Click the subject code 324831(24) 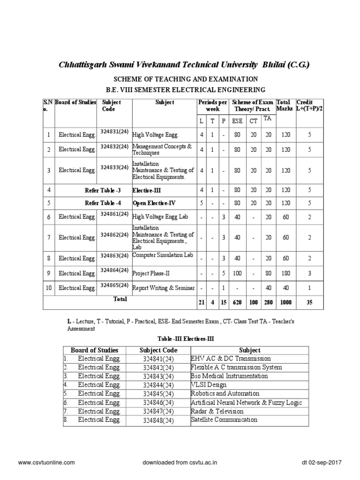coord(114,132)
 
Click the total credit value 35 coord(309,302)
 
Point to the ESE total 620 coord(237,302)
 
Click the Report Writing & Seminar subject coord(163,288)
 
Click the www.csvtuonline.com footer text coord(46,462)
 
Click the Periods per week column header coord(213,105)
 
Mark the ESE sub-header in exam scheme coord(238,120)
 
